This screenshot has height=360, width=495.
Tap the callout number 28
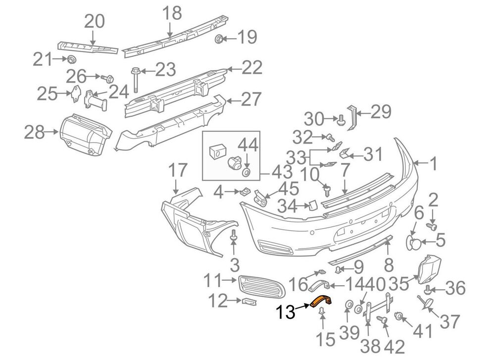pos(35,132)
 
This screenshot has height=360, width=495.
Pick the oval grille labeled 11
pos(261,286)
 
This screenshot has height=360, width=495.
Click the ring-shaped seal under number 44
pos(246,172)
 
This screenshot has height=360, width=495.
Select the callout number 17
pos(178,170)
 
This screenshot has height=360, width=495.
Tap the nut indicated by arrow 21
pos(72,58)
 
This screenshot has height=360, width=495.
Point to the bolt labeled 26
pos(108,78)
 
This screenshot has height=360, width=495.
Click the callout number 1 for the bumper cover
pos(434,163)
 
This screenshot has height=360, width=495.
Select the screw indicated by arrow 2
pos(432,226)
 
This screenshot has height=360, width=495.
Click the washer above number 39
pos(348,305)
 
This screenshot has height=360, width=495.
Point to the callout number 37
pos(449,321)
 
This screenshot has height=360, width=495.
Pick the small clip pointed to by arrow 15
pos(321,311)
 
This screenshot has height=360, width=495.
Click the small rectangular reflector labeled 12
pos(249,302)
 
